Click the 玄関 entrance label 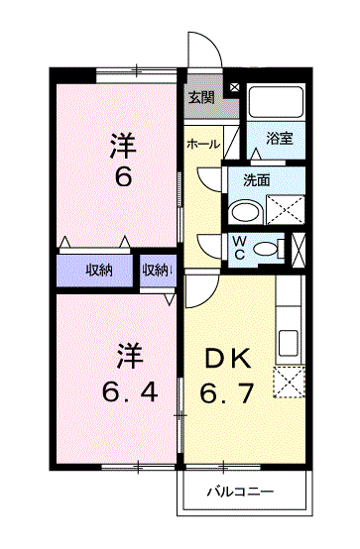pos(201,97)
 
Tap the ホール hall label pos(203,144)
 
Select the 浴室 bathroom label pos(280,139)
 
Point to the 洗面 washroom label pos(257,180)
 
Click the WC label pos(239,248)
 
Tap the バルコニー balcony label pos(240,492)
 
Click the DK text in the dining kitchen pos(228,358)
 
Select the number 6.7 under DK pos(227,392)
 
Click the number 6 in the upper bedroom pos(123,176)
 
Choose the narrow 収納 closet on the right pos(157,270)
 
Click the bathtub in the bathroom pos(276,102)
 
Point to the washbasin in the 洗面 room pos(245,212)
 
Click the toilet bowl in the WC pos(265,249)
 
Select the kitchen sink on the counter pos(289,343)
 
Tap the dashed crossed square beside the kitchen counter pos(289,382)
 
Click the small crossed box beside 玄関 pos(234,87)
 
